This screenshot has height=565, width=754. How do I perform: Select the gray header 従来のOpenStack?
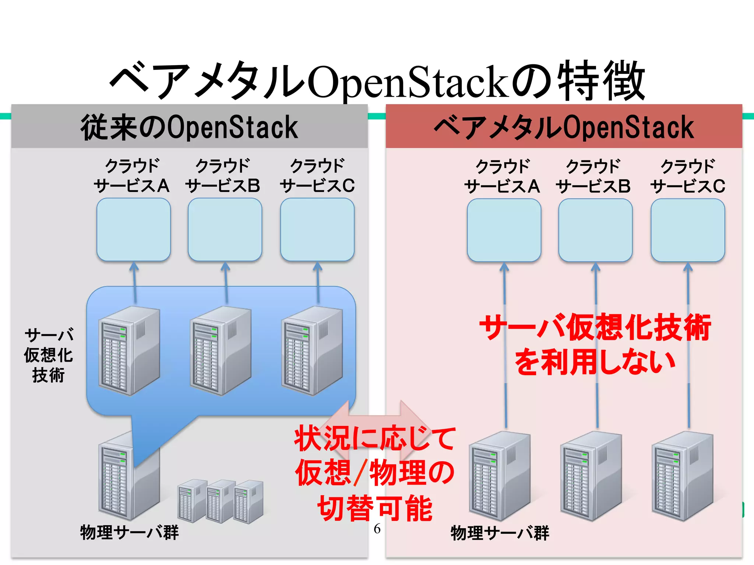(189, 127)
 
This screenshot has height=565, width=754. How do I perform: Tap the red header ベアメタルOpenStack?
(564, 127)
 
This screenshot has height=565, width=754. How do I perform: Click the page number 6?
(377, 529)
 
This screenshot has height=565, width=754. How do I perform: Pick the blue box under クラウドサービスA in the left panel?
(134, 230)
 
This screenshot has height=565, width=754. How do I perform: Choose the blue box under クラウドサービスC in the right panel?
(688, 230)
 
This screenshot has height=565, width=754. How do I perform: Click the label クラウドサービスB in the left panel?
(223, 176)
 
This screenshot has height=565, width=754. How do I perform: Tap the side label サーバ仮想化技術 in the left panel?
(49, 355)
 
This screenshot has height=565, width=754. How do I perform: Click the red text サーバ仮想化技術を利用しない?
(595, 344)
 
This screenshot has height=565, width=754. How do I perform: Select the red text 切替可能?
(375, 508)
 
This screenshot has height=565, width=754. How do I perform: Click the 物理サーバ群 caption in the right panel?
(500, 533)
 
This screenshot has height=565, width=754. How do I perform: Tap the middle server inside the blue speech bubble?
(220, 351)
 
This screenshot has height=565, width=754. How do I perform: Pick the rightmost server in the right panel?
(682, 477)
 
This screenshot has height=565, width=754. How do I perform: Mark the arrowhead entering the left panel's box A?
(134, 266)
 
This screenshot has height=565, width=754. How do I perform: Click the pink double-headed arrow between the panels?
(376, 423)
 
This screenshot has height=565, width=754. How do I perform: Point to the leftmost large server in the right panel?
(499, 477)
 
